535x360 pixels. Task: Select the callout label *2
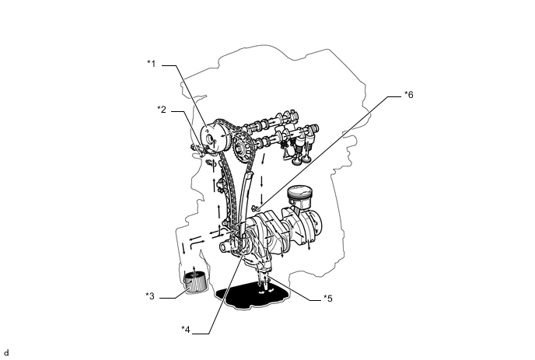[162, 110]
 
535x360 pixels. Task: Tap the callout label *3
[150, 295]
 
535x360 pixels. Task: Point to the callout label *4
[186, 329]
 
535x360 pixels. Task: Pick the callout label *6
[409, 95]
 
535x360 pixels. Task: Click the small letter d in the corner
[6, 352]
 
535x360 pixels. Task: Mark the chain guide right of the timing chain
[247, 194]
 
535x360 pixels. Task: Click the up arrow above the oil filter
[194, 267]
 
